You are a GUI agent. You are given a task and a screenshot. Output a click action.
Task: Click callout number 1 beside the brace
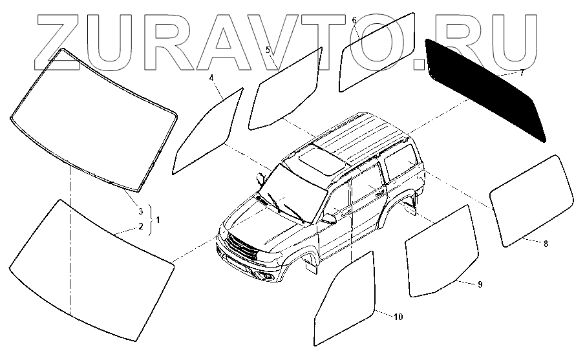[158, 218]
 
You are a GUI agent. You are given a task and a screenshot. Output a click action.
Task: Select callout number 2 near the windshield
[140, 227]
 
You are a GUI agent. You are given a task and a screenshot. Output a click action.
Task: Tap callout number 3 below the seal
[140, 211]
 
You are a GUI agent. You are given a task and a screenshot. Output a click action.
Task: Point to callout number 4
[211, 78]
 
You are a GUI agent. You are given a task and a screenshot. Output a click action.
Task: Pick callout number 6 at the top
[354, 20]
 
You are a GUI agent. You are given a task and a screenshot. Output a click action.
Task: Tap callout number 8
[546, 244]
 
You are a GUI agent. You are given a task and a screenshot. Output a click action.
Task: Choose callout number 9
[480, 284]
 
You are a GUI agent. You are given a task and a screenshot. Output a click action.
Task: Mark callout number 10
[398, 317]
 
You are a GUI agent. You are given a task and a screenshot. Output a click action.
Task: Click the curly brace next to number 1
[150, 218]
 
